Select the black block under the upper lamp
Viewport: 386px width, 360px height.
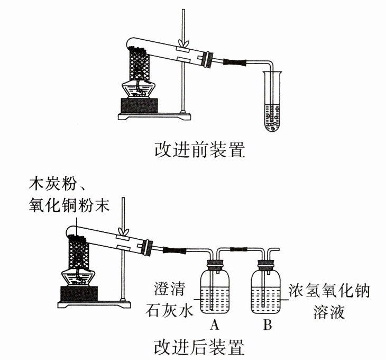click(140, 106)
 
